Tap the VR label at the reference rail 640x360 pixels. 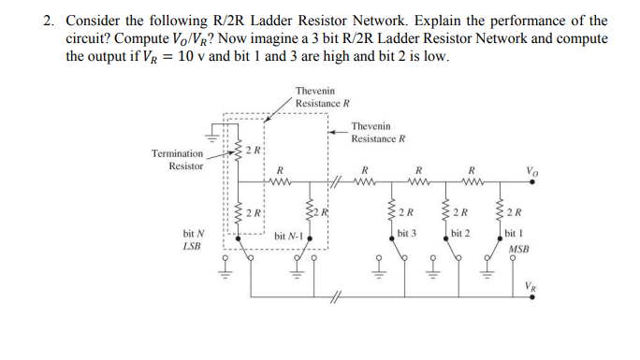[x=531, y=286]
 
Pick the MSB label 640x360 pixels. [x=517, y=250]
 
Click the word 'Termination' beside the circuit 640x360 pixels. [x=177, y=152]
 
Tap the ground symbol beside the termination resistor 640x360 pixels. [x=213, y=137]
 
